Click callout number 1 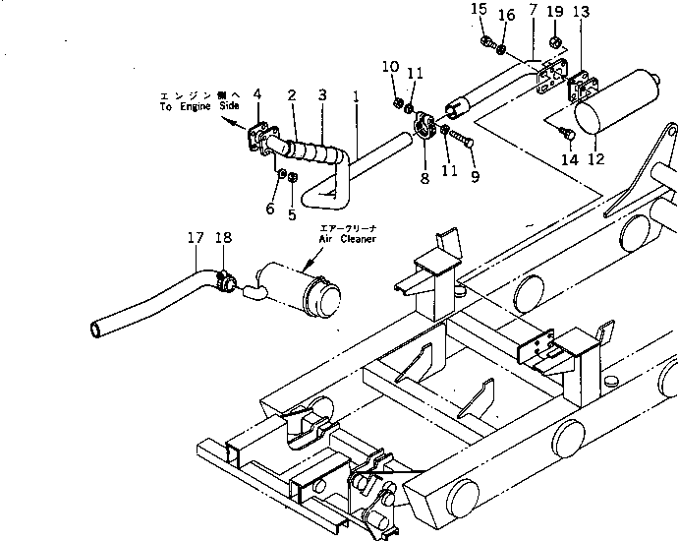tap(355, 98)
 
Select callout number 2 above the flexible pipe tap(292, 94)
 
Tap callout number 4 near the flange tap(257, 93)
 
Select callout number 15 tap(479, 11)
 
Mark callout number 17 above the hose tap(196, 237)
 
